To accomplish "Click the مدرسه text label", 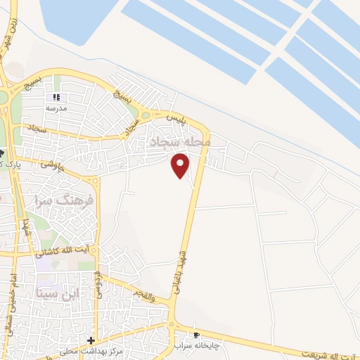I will [56, 108].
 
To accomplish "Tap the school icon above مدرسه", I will [56, 98].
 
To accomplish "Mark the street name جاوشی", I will [53, 165].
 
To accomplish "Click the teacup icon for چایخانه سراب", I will [197, 335].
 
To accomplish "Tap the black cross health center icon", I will [91, 340].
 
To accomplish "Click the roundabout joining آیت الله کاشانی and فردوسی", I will [98, 249].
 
